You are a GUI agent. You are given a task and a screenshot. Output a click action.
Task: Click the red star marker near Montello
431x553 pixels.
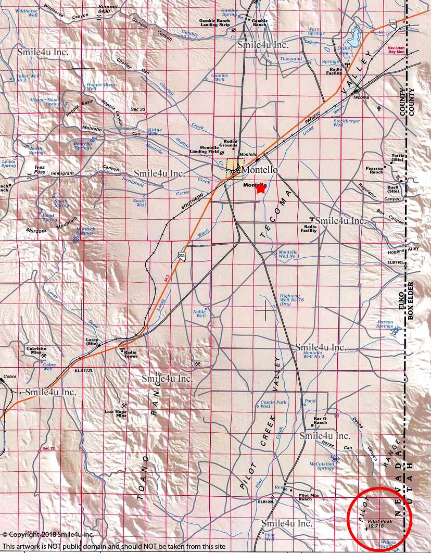(x=261, y=189)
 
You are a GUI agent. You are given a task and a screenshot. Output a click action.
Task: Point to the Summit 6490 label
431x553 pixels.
(x=108, y=8)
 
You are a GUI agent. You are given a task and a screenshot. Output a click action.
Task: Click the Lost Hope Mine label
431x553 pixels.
(x=115, y=413)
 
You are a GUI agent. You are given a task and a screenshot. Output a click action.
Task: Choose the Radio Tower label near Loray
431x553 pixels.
(x=130, y=354)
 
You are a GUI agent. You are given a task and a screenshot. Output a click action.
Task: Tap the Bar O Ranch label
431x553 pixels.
(x=320, y=420)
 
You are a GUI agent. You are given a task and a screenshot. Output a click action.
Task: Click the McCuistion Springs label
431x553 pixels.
(x=322, y=466)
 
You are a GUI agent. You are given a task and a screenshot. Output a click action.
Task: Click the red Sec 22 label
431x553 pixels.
(x=48, y=448)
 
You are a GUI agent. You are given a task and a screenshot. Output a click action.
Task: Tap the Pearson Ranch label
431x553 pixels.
(x=374, y=170)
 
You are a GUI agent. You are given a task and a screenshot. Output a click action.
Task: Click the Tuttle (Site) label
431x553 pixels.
(x=398, y=158)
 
